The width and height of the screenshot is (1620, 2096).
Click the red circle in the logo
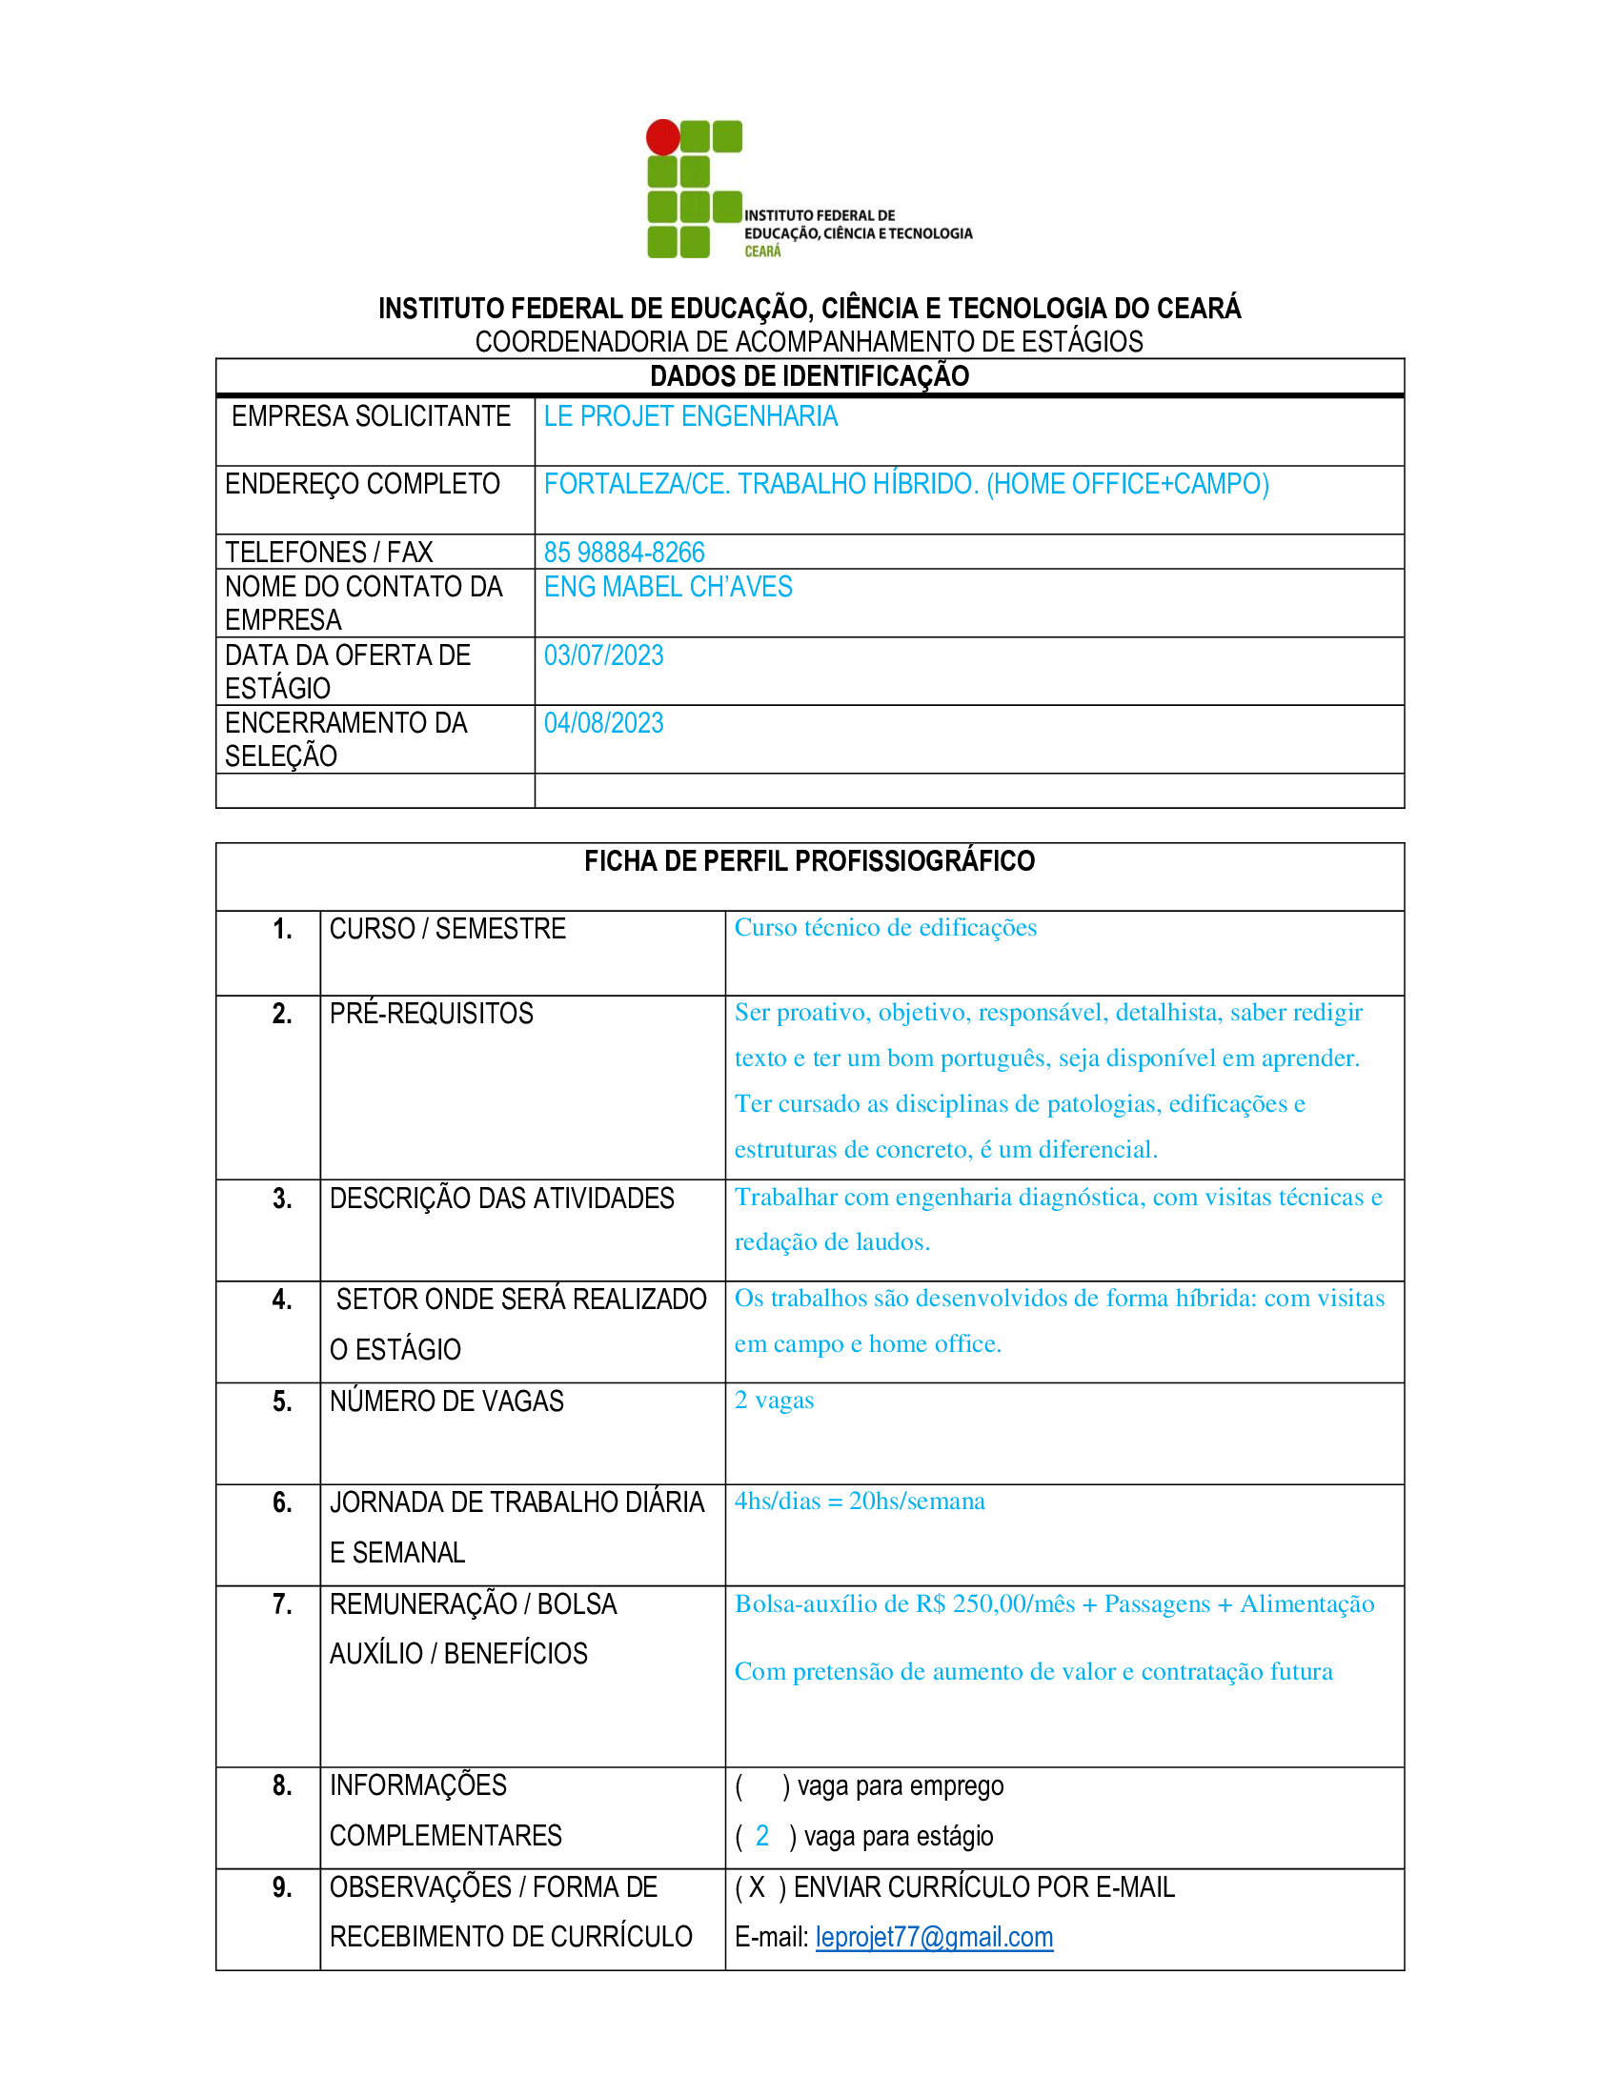click(x=663, y=137)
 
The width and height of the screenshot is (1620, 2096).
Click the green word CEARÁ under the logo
click(x=763, y=252)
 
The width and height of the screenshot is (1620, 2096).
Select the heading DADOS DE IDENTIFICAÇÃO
click(x=809, y=376)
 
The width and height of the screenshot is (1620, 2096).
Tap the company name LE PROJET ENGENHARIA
click(x=690, y=416)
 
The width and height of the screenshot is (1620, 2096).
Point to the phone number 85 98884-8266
click(x=624, y=553)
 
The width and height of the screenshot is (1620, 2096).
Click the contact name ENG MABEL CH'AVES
click(x=668, y=587)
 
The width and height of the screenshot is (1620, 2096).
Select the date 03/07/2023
click(x=603, y=655)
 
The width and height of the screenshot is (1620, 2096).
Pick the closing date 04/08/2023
click(x=603, y=724)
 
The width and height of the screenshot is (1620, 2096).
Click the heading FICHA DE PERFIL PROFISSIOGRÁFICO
click(x=809, y=862)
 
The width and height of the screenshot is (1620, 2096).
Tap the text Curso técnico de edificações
click(x=885, y=928)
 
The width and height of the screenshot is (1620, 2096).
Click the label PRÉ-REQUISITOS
click(x=431, y=1014)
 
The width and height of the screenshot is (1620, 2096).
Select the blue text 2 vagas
click(x=774, y=1401)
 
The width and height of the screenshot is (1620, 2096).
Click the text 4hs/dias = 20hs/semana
click(x=859, y=1501)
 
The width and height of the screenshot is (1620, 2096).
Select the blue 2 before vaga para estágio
click(x=762, y=1836)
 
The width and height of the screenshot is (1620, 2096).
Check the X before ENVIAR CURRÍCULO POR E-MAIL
click(x=758, y=1887)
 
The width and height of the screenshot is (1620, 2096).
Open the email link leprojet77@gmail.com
click(x=934, y=1938)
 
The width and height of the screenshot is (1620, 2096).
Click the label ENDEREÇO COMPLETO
click(x=362, y=485)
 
